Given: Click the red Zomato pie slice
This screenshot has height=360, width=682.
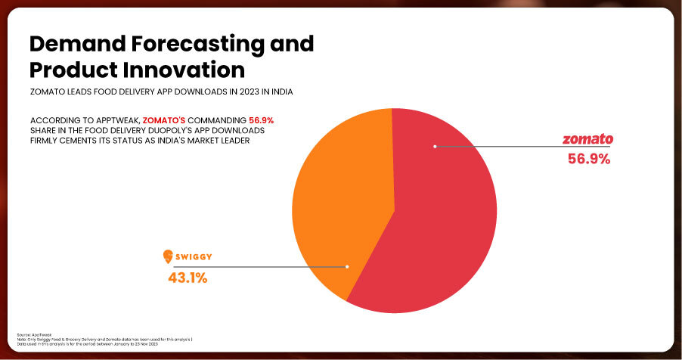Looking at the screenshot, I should pyautogui.click(x=431, y=227).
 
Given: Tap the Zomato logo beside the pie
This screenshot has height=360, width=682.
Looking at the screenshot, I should pyautogui.click(x=587, y=140).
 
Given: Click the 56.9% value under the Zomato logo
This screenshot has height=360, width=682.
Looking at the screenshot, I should pyautogui.click(x=588, y=159).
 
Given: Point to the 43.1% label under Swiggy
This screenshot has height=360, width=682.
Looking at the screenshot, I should pyautogui.click(x=187, y=278).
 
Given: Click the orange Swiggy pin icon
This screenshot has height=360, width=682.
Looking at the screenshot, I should pyautogui.click(x=169, y=257).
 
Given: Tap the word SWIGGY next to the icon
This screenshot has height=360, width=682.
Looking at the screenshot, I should pyautogui.click(x=194, y=257).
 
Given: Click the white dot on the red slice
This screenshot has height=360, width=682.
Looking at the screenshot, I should pyautogui.click(x=435, y=146).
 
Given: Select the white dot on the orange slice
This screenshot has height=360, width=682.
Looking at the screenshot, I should pyautogui.click(x=347, y=266).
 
